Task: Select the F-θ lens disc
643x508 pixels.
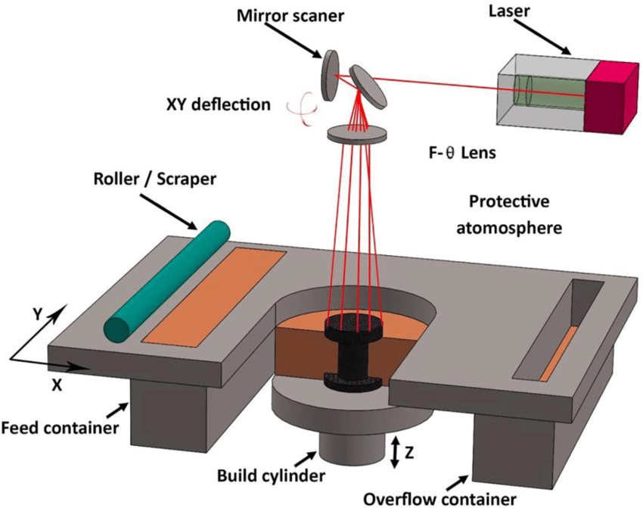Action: pyautogui.click(x=358, y=134)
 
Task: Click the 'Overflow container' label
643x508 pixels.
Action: pyautogui.click(x=428, y=498)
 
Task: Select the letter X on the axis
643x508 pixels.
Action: pyautogui.click(x=55, y=384)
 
